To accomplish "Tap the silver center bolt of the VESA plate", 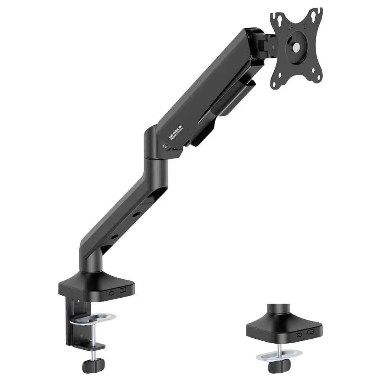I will coord(296,48).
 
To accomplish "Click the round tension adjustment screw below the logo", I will coord(165,146).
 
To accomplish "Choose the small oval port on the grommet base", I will coord(300,335).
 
